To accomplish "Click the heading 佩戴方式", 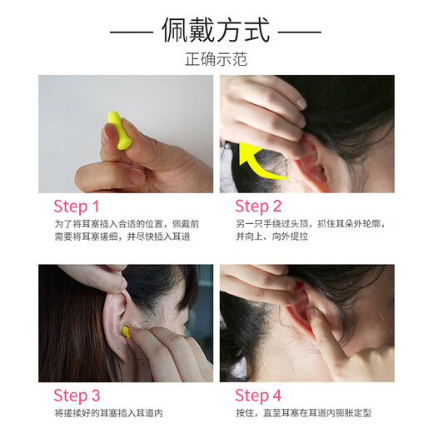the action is pos(216,30).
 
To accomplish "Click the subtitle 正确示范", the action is pos(216,59).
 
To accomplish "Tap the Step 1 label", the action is pos(77,207).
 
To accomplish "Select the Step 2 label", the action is pos(258,207).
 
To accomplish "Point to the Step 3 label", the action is pos(77,396).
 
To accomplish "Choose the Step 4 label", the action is pos(258,396).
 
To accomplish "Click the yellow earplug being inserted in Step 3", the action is pos(126,332).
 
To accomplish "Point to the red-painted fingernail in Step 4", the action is pos(298,286).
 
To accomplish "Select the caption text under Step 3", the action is pos(108,413).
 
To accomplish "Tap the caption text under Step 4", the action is pos(304,413).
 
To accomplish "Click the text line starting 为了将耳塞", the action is pos(127,224).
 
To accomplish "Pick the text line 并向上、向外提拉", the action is pos(272,236).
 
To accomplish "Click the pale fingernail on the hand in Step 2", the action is pos(301,103).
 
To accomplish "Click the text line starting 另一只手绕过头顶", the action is pos(311,224).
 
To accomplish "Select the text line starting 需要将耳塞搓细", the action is pos(122,236).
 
